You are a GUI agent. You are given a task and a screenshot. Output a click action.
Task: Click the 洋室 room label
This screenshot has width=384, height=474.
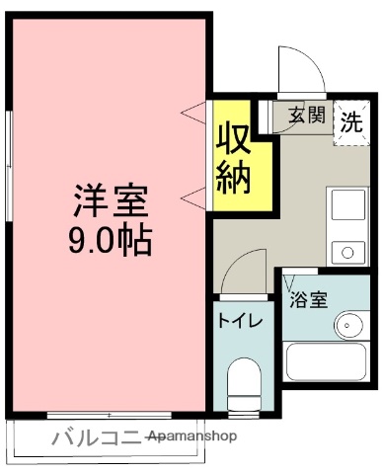pyautogui.click(x=110, y=202)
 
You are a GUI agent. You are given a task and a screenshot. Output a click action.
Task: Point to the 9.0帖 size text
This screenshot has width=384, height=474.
pyautogui.click(x=110, y=240)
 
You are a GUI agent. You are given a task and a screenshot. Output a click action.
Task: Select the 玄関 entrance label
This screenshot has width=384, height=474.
pyautogui.click(x=306, y=115)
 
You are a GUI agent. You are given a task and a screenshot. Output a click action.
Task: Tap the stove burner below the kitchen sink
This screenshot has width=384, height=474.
pyautogui.click(x=347, y=253)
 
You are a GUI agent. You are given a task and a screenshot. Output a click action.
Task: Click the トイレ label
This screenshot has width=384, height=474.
pyautogui.click(x=239, y=321)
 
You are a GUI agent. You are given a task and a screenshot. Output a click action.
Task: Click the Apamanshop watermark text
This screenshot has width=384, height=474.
pyautogui.click(x=193, y=435)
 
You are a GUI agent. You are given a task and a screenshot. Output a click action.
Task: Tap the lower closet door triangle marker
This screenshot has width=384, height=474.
pyautogui.click(x=194, y=197)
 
